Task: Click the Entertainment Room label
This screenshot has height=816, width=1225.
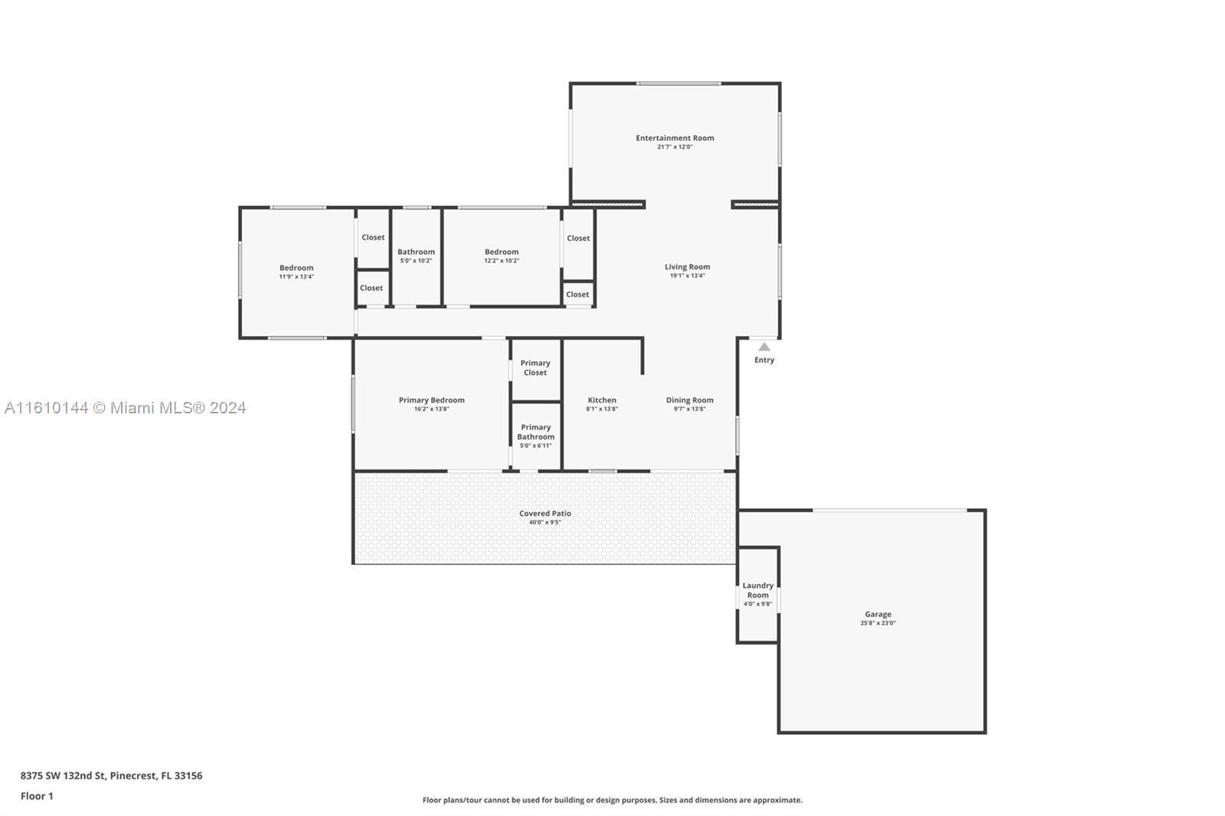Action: click(675, 138)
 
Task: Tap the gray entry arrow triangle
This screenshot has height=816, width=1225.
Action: click(764, 347)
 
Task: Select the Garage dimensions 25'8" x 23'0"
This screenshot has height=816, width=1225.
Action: click(877, 623)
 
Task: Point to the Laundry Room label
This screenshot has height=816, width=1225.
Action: click(758, 590)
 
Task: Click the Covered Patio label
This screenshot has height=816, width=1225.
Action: click(545, 514)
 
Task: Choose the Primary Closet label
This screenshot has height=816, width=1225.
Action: click(535, 367)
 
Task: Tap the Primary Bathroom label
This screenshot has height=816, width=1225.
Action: click(536, 432)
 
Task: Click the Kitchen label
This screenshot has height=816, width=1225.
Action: click(602, 400)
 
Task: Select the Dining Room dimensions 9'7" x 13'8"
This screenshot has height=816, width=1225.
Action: click(690, 409)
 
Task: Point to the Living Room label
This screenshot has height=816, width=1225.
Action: click(688, 267)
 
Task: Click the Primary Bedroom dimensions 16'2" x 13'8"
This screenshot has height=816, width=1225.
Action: click(432, 409)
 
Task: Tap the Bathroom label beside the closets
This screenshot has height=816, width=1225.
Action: click(416, 252)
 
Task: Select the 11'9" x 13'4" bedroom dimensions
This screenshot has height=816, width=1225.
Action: click(296, 277)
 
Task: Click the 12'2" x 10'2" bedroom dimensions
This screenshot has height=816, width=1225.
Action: click(501, 261)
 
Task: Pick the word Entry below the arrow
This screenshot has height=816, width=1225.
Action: click(764, 360)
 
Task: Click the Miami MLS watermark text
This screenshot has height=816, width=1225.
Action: click(126, 408)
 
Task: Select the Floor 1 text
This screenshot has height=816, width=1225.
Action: click(37, 796)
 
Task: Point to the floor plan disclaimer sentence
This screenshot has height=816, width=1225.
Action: click(612, 800)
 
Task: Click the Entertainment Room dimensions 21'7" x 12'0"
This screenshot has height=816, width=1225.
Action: click(675, 147)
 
